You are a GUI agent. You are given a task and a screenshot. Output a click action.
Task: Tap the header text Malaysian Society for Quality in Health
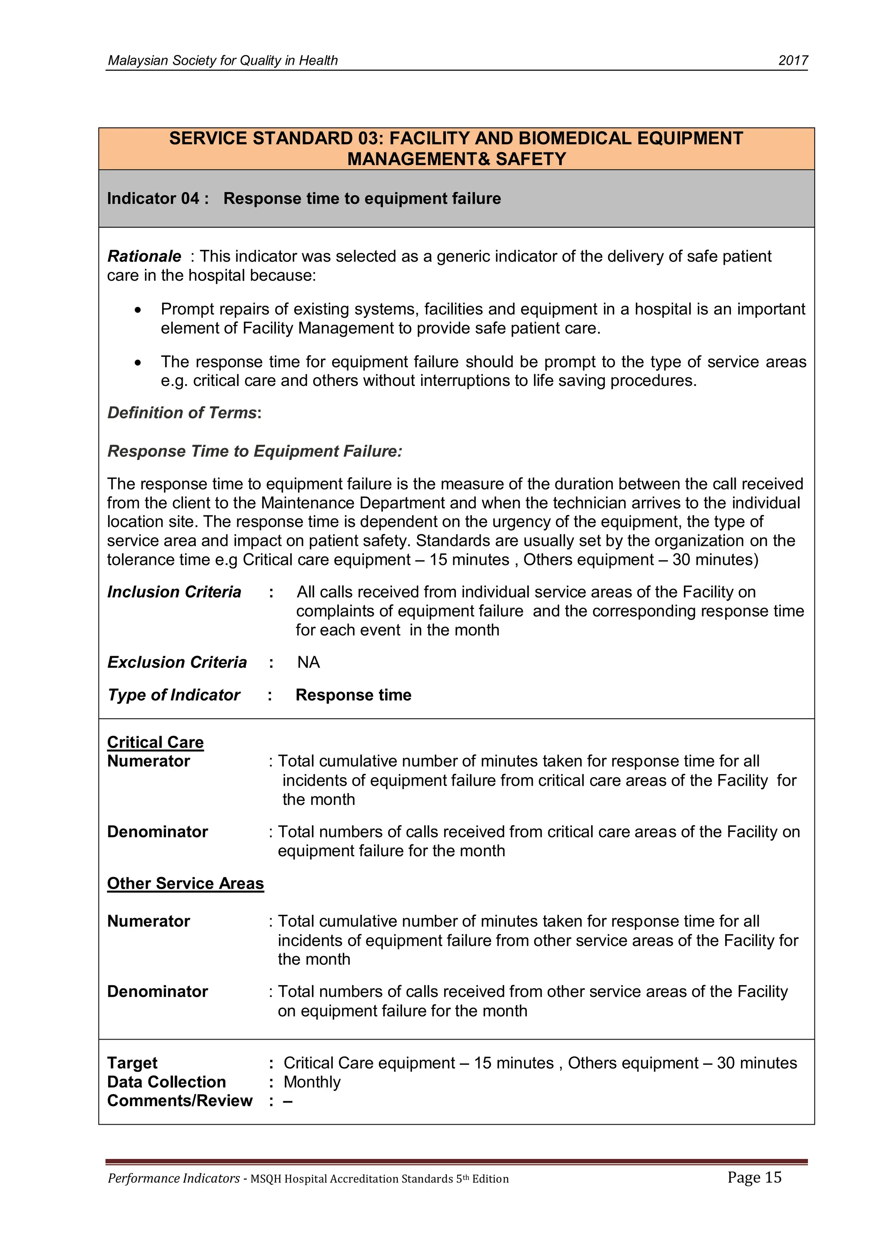pos(222,60)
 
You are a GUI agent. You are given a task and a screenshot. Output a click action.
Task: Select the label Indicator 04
pos(157,199)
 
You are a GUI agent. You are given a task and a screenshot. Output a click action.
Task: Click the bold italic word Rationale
pos(144,256)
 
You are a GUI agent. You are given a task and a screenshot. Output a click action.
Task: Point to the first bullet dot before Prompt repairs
pos(138,310)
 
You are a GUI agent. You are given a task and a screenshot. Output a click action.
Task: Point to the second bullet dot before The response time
pos(138,363)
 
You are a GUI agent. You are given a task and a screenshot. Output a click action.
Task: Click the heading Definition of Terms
pos(183,412)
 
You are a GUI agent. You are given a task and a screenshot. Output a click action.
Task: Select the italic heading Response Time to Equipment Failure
pos(255,451)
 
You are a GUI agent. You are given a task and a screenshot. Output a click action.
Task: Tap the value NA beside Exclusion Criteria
pos(308,662)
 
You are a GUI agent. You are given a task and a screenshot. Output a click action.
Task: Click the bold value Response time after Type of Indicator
pos(353,695)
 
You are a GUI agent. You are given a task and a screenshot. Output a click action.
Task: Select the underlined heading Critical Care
pos(155,742)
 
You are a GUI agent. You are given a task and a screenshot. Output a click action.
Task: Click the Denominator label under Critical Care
pos(157,831)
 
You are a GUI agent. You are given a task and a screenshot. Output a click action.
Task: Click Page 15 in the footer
pos(754,1177)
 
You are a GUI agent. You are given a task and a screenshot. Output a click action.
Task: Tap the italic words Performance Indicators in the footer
pos(173,1179)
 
